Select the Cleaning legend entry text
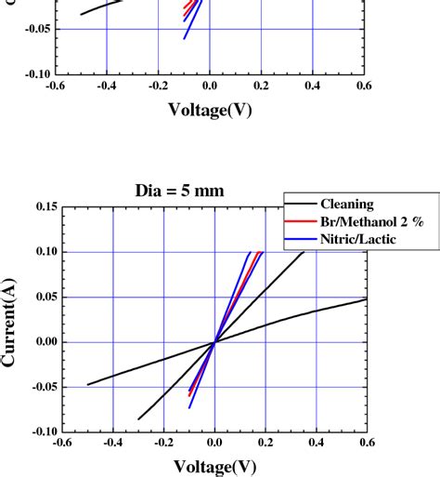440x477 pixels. pyautogui.click(x=348, y=205)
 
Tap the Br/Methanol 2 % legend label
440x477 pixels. pyautogui.click(x=363, y=221)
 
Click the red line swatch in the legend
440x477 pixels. pyautogui.click(x=300, y=221)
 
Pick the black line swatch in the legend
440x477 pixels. pyautogui.click(x=300, y=205)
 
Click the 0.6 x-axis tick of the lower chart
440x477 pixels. pyautogui.click(x=365, y=444)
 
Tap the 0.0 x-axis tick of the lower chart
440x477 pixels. pyautogui.click(x=213, y=444)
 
